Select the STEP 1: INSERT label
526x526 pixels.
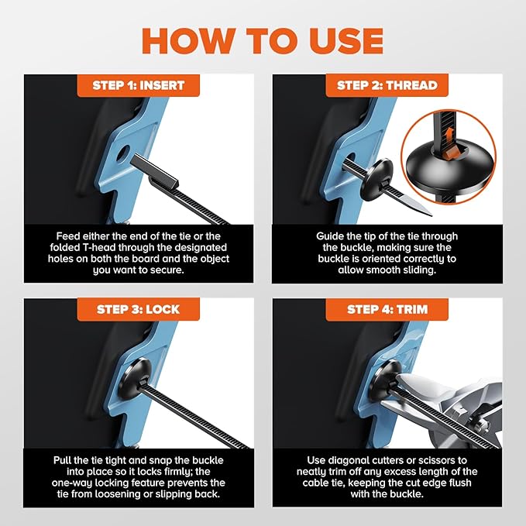click(139, 85)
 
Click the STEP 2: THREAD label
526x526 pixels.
click(387, 85)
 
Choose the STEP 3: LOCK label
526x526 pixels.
click(139, 309)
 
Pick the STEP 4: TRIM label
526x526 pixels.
click(387, 309)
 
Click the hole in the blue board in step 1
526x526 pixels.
click(122, 153)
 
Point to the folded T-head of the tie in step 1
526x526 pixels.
click(154, 171)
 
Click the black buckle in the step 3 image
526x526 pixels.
click(135, 378)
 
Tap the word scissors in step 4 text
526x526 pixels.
click(448, 460)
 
